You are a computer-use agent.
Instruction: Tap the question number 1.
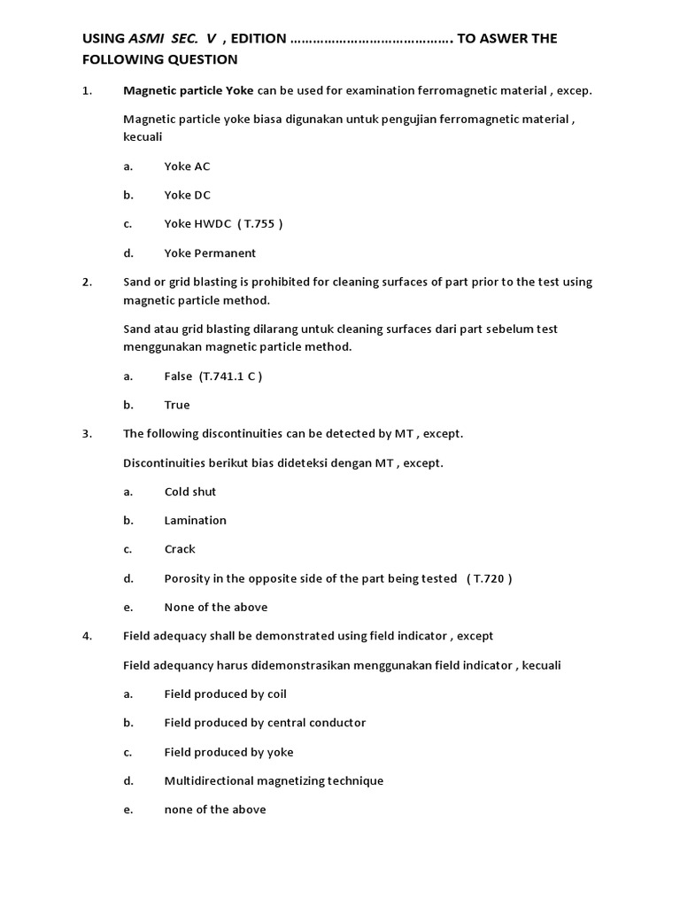coord(87,90)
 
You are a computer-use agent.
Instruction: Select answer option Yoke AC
coord(187,167)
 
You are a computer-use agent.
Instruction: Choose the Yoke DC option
coord(187,195)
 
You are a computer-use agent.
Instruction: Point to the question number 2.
coord(87,282)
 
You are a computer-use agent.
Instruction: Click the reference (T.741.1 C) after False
coord(231,376)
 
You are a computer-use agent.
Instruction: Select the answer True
coord(177,405)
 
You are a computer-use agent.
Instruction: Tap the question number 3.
coord(87,434)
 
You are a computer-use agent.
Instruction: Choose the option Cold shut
coord(190,492)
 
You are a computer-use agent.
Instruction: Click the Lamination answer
coord(196,521)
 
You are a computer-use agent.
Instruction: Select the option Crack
coord(180,549)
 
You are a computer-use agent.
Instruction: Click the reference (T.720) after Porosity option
coord(489,578)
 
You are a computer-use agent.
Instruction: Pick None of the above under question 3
coord(216,608)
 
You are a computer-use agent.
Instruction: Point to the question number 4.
coord(87,636)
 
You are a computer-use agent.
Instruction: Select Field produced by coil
coord(226,694)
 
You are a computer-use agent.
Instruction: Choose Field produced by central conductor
coord(265,723)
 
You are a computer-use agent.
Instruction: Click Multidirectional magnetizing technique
coord(274,781)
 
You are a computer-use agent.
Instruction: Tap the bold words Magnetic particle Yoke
coord(188,90)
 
